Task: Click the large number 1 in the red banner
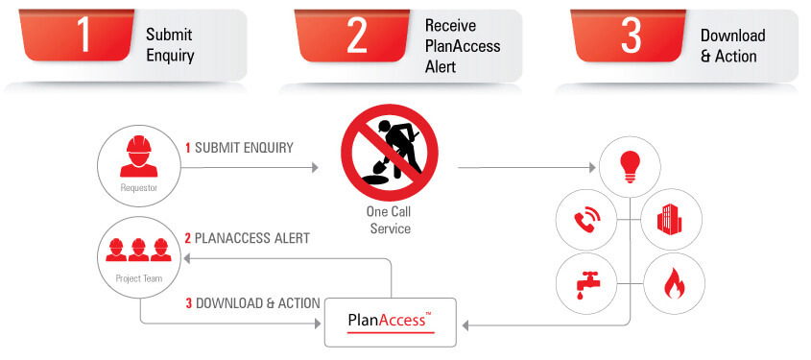tap(83, 36)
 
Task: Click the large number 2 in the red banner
tap(357, 36)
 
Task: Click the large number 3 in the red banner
tap(631, 36)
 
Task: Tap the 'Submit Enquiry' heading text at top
tap(170, 45)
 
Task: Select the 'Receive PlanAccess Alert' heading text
tap(463, 46)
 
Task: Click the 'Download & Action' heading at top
tap(733, 45)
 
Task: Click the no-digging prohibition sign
tap(389, 154)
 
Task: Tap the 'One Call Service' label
tap(389, 221)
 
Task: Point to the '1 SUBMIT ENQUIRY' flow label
tap(239, 148)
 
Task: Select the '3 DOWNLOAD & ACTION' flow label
tap(252, 303)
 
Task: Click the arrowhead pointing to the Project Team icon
tap(189, 259)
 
